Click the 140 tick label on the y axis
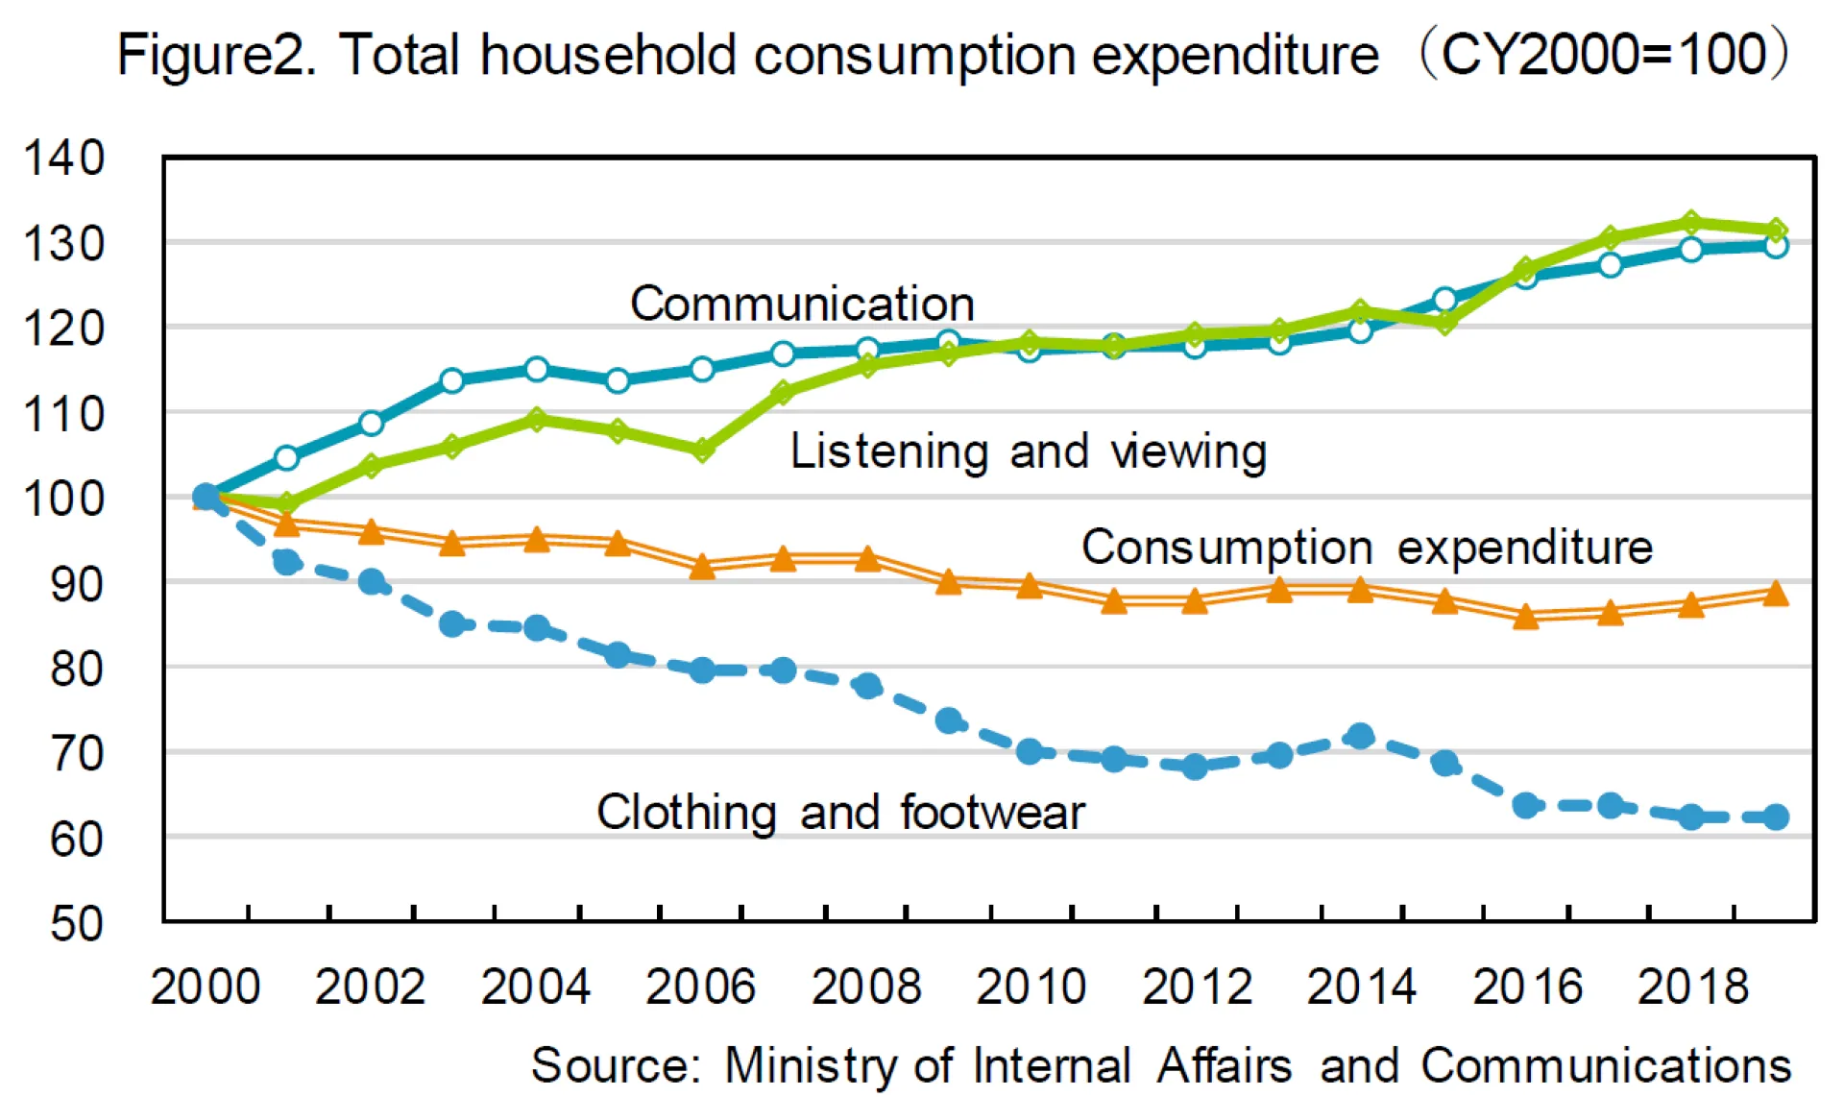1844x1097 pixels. (63, 158)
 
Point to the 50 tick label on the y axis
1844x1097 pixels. (77, 923)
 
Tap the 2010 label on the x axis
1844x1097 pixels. (1031, 987)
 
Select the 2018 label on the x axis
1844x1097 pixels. (1692, 987)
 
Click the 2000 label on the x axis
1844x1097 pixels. (206, 987)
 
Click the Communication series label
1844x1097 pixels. (802, 304)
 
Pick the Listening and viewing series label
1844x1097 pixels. (1028, 451)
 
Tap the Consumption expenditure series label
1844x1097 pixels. (1367, 548)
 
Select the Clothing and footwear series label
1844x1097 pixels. (840, 813)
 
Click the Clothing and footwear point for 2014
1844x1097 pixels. (1360, 737)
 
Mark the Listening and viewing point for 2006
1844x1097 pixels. (702, 449)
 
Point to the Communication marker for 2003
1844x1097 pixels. (452, 380)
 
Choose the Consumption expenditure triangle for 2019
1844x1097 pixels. (1776, 594)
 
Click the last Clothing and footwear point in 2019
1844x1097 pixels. (1776, 817)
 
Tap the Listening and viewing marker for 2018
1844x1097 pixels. (1691, 223)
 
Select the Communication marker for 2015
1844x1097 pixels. (1444, 300)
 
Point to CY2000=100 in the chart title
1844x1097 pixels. (1604, 54)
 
